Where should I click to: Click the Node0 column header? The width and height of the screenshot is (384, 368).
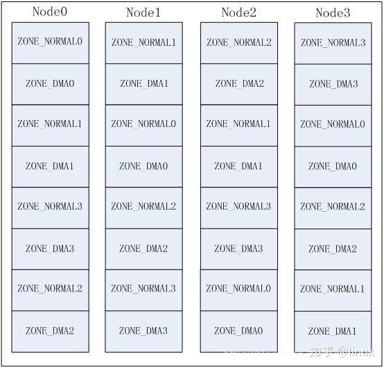click(50, 12)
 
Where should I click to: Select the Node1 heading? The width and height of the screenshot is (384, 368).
click(143, 12)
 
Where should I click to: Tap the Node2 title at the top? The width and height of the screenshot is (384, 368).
click(238, 12)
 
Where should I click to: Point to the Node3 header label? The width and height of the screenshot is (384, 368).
click(333, 13)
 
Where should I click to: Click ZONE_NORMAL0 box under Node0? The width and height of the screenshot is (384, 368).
click(50, 42)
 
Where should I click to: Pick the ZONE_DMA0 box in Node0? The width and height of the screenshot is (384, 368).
click(50, 83)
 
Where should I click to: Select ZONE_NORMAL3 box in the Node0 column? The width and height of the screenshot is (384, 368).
click(50, 206)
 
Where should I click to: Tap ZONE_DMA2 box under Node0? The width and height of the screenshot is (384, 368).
click(50, 331)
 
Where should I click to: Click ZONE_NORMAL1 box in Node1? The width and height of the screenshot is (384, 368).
click(143, 42)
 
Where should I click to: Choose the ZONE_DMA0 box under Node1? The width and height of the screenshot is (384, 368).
click(143, 166)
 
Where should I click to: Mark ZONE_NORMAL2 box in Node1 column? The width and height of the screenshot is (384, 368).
click(143, 206)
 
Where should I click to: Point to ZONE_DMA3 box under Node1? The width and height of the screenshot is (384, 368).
click(143, 331)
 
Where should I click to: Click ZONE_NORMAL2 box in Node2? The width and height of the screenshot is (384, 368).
click(238, 42)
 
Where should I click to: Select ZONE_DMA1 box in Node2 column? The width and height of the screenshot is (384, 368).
click(238, 166)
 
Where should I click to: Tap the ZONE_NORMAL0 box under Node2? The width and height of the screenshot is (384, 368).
click(238, 289)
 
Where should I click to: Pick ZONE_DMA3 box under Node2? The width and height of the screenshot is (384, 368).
click(238, 248)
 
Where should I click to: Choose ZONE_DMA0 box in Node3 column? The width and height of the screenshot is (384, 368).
click(333, 167)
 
